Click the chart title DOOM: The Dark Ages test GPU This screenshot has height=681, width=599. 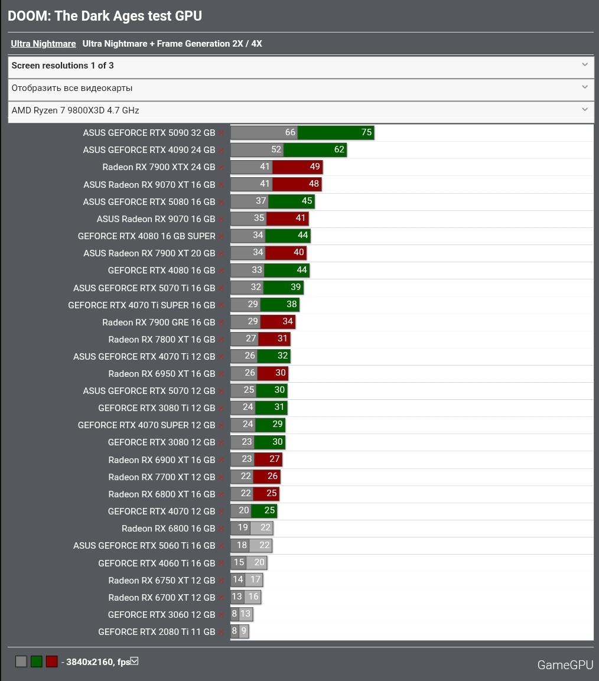pos(105,16)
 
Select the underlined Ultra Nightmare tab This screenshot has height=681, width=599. pos(43,44)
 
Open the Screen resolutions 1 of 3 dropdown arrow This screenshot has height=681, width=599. pos(585,65)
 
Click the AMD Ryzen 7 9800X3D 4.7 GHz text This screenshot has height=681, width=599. pos(75,110)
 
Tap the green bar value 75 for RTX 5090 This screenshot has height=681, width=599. pos(366,132)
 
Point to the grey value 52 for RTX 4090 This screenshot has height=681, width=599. pos(276,149)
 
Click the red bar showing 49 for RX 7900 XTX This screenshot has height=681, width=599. pos(314,167)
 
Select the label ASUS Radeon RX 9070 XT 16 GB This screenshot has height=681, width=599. pos(149,184)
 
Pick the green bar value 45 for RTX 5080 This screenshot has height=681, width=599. pos(307,201)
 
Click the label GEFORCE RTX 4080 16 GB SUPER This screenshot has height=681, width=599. pos(147,236)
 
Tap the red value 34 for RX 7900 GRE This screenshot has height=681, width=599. pos(288,322)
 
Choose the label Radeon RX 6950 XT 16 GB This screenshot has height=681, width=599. pos(161,374)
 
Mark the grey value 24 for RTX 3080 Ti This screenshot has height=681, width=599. pos(248,407)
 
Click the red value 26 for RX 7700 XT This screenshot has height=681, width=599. pos(272,476)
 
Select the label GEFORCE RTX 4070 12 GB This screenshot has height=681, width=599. pos(161,511)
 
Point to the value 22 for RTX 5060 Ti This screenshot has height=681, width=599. pos(264,545)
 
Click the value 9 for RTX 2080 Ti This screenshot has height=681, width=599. pos(243,631)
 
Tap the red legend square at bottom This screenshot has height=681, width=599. pos(52,662)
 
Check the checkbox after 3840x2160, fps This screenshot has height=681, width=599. pos(134,661)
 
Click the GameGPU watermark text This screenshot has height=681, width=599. pos(565,665)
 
